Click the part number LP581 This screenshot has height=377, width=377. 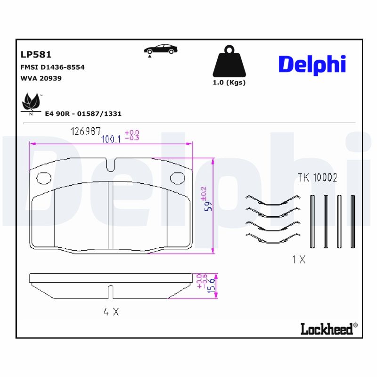pyautogui.click(x=36, y=55)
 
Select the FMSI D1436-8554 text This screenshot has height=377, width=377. pyautogui.click(x=52, y=67)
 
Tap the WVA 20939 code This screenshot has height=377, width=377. pyautogui.click(x=41, y=78)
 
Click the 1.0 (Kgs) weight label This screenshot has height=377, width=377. pyautogui.click(x=229, y=82)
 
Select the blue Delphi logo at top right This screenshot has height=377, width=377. pyautogui.click(x=312, y=65)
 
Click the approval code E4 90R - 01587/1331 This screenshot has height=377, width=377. pyautogui.click(x=83, y=114)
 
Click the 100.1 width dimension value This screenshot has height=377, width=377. pyautogui.click(x=112, y=139)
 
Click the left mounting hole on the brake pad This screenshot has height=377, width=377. pyautogui.click(x=44, y=178)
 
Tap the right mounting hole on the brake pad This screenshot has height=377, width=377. pyautogui.click(x=177, y=178)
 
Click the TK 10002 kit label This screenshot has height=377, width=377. pyautogui.click(x=317, y=178)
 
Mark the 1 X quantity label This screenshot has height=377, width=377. pyautogui.click(x=299, y=260)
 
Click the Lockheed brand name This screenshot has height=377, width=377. pyautogui.click(x=327, y=329)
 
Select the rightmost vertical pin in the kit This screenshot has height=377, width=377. pyautogui.click(x=352, y=221)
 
